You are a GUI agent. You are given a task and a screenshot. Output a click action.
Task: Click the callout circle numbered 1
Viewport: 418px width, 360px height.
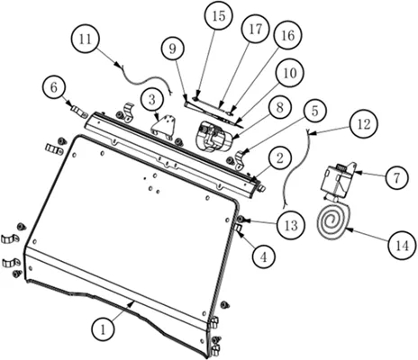(103, 329)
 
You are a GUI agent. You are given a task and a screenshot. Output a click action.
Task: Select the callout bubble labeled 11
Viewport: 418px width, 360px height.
(86, 40)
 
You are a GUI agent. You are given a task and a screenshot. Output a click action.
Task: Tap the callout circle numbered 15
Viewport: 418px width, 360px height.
(219, 15)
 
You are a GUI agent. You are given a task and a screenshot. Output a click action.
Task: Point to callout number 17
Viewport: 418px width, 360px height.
(255, 29)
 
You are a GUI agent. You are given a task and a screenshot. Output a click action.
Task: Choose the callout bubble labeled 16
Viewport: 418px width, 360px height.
(288, 35)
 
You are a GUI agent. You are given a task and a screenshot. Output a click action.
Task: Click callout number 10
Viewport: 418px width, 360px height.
(289, 73)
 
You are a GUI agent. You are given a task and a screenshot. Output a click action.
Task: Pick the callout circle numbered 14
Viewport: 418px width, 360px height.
(403, 246)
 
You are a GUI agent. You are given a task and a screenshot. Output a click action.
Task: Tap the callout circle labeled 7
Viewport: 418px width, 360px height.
(396, 178)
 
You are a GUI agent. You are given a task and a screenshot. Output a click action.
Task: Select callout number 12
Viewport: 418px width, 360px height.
(364, 123)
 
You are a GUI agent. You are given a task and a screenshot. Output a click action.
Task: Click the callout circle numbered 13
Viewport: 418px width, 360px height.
(291, 225)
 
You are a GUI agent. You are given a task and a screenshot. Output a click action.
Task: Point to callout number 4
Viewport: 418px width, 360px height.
(263, 257)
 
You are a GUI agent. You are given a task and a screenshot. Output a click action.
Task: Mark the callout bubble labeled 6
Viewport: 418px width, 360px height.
(54, 87)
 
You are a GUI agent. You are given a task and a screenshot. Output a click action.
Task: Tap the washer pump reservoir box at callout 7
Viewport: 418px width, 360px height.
(336, 180)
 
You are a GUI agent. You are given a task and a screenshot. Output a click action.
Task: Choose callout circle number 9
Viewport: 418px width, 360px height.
(172, 49)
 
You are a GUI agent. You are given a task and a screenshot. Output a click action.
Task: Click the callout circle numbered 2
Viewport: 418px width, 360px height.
(280, 158)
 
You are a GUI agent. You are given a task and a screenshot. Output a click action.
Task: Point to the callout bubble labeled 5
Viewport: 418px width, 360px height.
(314, 111)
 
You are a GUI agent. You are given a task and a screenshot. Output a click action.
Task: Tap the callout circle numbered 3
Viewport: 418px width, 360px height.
(152, 100)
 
